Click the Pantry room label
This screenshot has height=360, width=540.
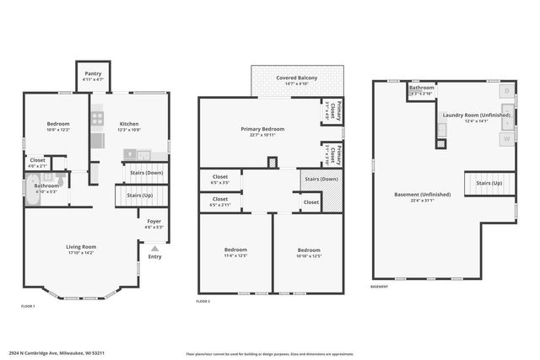click(x=93, y=74)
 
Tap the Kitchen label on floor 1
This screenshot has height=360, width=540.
click(x=128, y=124)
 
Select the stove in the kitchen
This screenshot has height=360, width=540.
click(x=99, y=119)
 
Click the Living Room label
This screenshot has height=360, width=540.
click(x=82, y=247)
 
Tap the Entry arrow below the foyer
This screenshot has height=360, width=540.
click(x=154, y=250)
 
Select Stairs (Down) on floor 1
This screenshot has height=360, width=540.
click(x=145, y=173)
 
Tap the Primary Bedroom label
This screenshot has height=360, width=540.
click(x=262, y=129)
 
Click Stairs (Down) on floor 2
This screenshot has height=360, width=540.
click(x=321, y=179)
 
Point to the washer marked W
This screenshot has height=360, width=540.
click(x=506, y=137)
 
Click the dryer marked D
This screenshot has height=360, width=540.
click(x=506, y=90)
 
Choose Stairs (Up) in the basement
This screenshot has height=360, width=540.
click(x=489, y=182)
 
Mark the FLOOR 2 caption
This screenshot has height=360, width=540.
click(x=203, y=301)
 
